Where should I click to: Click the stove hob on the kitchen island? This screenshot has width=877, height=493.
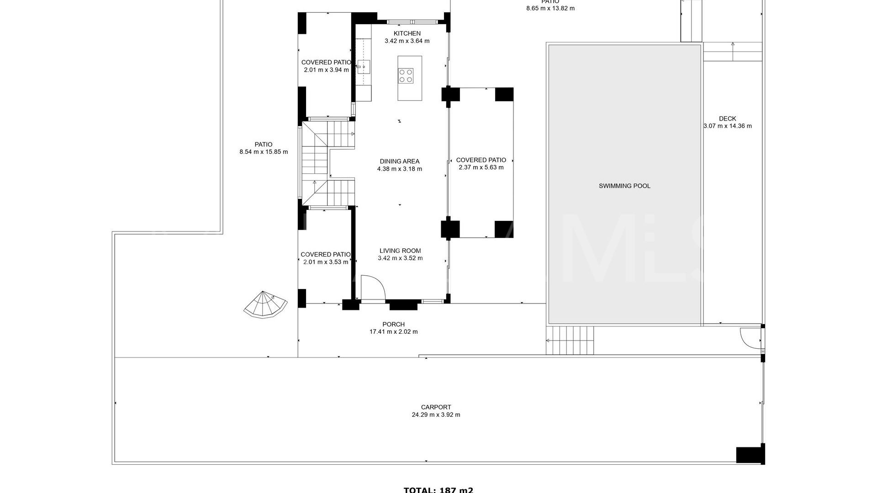406,75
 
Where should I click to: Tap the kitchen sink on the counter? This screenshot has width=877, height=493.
364,67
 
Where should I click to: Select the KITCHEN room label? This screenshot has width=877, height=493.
407,33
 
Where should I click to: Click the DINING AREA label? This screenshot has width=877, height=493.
399,161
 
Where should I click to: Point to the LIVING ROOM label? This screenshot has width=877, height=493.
400,251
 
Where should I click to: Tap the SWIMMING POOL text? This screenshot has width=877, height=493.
624,186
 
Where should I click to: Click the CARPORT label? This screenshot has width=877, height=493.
436,407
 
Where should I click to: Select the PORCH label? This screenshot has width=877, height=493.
393,325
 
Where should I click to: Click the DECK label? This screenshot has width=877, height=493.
727,119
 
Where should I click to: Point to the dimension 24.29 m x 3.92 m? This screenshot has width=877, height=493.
436,415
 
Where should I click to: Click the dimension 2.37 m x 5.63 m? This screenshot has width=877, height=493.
481,168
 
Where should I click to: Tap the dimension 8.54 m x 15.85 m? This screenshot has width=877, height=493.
264,152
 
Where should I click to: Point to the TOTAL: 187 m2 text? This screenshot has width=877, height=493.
438,490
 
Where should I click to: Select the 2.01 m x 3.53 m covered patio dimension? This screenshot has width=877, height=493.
326,262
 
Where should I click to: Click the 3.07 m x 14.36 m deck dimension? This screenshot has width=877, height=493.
727,126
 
